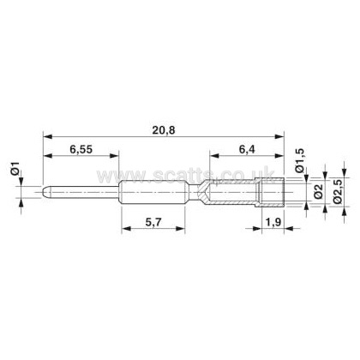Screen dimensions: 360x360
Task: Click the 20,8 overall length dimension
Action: click(164, 130)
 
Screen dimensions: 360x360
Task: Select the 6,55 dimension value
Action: click(81, 149)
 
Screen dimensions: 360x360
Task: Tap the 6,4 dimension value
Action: click(247, 149)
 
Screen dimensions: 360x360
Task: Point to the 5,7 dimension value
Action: click(153, 222)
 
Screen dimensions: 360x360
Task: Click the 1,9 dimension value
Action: click(273, 222)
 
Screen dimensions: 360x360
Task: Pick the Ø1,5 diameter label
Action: click(299, 160)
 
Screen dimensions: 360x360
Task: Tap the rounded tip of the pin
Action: click(45, 192)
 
